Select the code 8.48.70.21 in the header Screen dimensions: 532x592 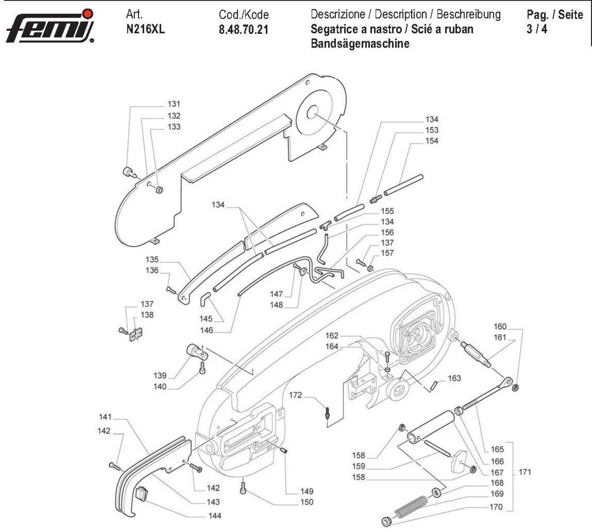click(243, 30)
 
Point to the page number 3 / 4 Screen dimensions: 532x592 click(537, 29)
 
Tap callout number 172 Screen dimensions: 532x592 click(295, 395)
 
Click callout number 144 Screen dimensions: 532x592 click(214, 516)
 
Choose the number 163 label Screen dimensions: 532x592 click(454, 378)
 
